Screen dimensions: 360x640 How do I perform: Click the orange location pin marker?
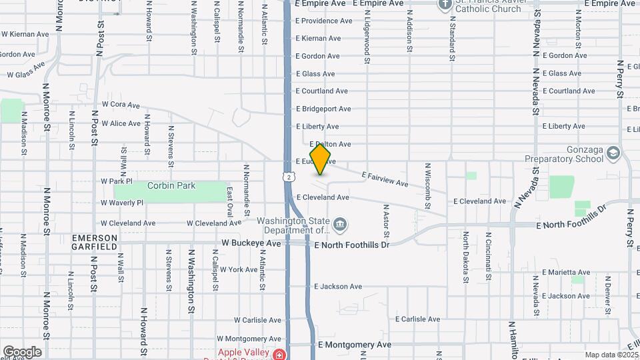click(321, 159)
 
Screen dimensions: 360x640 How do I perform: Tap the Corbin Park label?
click(171, 185)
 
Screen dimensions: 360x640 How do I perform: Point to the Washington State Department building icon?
click(340, 223)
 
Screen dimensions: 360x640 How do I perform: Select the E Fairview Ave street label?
click(385, 178)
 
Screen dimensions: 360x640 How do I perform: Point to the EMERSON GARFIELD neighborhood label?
click(95, 242)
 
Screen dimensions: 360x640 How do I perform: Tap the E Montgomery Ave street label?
click(355, 345)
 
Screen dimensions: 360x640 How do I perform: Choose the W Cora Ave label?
click(121, 105)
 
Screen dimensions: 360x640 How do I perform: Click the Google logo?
click(22, 352)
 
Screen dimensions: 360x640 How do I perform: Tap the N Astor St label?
click(386, 221)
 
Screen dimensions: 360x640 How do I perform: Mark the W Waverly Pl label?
click(122, 203)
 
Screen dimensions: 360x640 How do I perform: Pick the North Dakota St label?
click(466, 253)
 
